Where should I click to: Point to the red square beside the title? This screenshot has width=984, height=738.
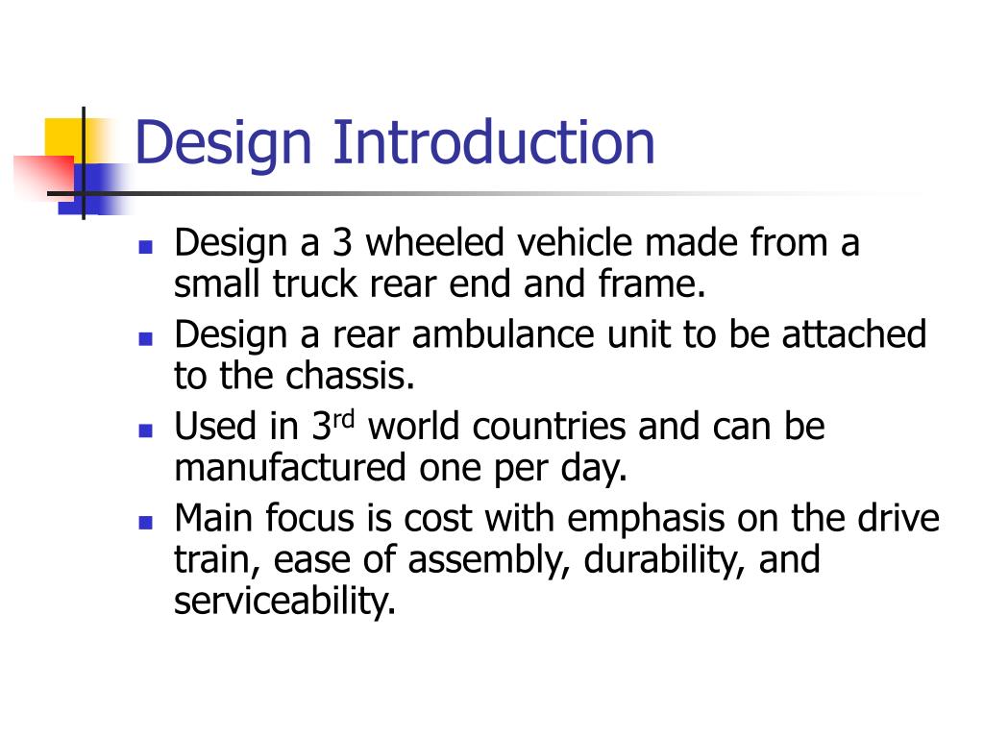click(x=38, y=173)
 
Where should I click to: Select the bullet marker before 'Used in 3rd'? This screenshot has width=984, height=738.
click(x=146, y=430)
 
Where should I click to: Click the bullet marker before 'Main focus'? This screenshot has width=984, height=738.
click(x=146, y=523)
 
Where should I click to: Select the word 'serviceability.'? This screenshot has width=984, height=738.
click(x=285, y=602)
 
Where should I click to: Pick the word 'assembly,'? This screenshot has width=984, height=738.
click(x=492, y=561)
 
